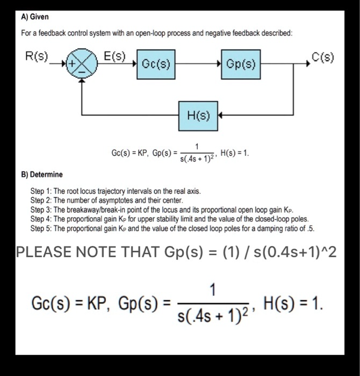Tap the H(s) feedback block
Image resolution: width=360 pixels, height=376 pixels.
coord(198,115)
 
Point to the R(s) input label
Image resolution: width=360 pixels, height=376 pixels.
coord(37,56)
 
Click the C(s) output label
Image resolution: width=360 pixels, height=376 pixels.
coord(322,56)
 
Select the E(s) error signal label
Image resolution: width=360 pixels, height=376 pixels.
coord(114,55)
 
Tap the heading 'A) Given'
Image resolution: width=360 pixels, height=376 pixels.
coord(34,17)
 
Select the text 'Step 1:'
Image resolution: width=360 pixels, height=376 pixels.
coord(42,191)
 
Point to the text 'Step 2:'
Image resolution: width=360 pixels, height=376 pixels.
coord(42,200)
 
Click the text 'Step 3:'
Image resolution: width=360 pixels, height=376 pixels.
coord(42,209)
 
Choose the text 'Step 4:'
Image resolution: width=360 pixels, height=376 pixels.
coord(42,219)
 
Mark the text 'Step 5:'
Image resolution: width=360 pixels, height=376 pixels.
coord(42,228)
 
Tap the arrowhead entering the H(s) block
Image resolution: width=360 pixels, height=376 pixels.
coord(221,115)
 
